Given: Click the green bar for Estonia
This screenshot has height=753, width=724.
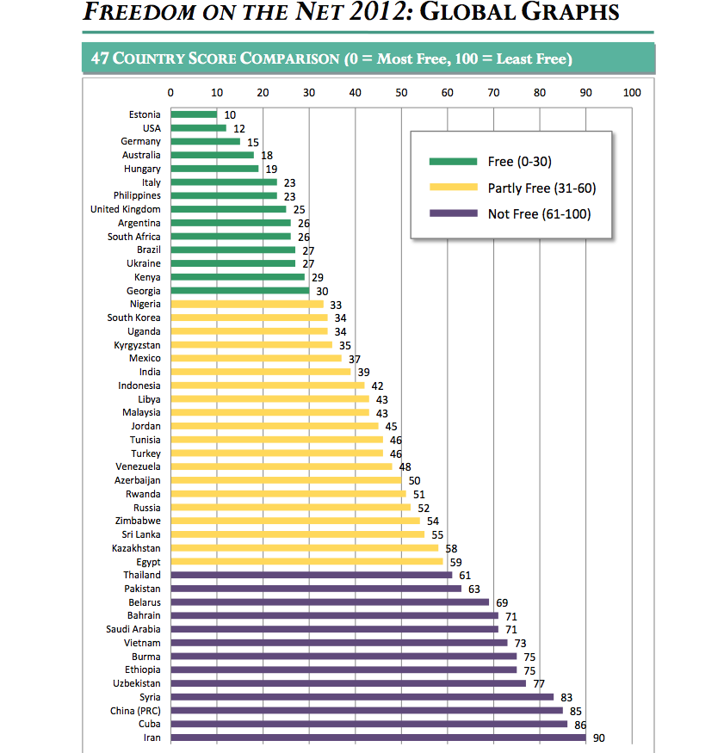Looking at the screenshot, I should (194, 114).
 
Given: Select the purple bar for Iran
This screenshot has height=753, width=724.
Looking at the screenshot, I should (378, 738).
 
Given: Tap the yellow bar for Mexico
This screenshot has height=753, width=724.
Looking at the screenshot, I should (256, 359).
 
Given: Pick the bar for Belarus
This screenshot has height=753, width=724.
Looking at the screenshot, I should (330, 602).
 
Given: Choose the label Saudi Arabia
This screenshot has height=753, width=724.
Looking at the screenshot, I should (134, 629).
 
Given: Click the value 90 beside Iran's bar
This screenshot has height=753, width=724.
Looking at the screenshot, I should (599, 738).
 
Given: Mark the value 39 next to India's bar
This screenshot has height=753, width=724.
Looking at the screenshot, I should (363, 372).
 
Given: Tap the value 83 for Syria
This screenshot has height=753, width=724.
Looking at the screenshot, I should (566, 697).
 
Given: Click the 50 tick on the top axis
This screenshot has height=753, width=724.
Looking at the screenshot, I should (401, 93).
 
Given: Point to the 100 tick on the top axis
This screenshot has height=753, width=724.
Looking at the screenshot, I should (632, 93).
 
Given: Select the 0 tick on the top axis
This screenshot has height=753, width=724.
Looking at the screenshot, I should (170, 93).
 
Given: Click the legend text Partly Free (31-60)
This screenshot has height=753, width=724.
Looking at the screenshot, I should (541, 188).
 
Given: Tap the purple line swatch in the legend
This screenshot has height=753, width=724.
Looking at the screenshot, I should (453, 214).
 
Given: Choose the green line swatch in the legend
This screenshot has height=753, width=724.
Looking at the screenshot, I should (453, 162).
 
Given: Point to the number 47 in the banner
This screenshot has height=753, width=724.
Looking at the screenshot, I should (101, 59).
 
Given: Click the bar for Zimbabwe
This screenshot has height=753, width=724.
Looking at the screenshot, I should (295, 521).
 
